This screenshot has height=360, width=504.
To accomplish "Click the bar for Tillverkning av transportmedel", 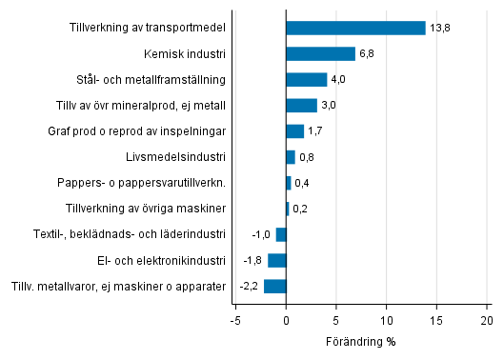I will pos(355,28).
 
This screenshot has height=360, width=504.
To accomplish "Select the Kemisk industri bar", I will pos(320,53).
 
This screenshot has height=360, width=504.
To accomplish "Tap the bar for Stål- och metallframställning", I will pos(306,79).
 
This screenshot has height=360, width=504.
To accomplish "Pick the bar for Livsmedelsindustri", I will pos(290,156).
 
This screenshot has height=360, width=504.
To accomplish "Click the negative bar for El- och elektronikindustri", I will pos(276,260).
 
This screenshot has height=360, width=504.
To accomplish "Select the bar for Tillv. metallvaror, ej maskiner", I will pos(274,286).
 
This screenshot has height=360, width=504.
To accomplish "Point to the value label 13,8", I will pos(440,29).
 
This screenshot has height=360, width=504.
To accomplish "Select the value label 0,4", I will pos(303,183).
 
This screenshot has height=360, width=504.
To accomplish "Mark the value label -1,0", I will pos(260,234).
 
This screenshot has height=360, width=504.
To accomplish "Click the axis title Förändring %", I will pos(361,341).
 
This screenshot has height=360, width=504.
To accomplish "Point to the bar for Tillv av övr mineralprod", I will pos(301,105).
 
